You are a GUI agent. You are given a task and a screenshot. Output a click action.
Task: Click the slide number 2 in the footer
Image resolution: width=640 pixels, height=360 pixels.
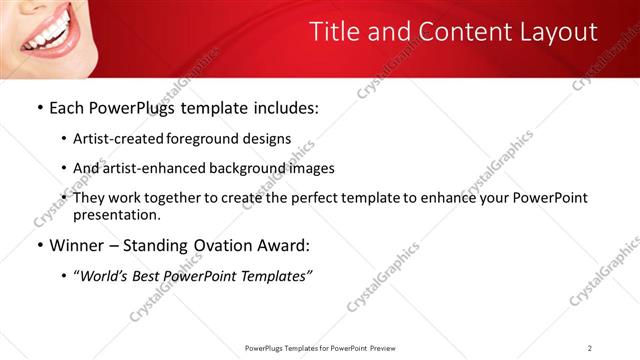click(590, 348)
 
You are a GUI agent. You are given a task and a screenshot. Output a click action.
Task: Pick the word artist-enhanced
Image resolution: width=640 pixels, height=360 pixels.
click(148, 168)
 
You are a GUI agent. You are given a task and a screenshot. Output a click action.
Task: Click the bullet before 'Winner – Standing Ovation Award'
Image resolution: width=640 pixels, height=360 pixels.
click(39, 246)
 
